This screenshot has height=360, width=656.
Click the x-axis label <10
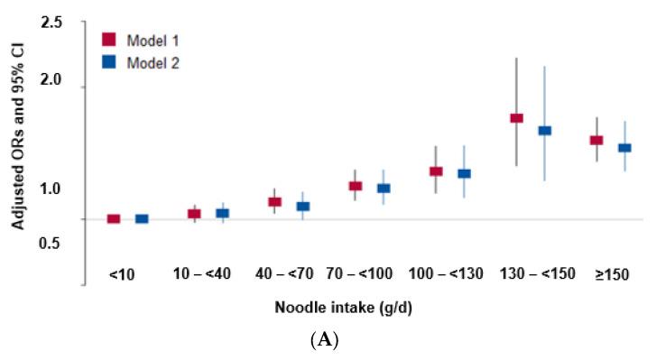(122, 273)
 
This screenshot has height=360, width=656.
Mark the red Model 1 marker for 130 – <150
(516, 118)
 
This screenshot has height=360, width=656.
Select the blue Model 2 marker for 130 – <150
(544, 131)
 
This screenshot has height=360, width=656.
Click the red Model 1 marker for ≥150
(596, 140)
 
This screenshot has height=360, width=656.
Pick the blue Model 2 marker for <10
(142, 218)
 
